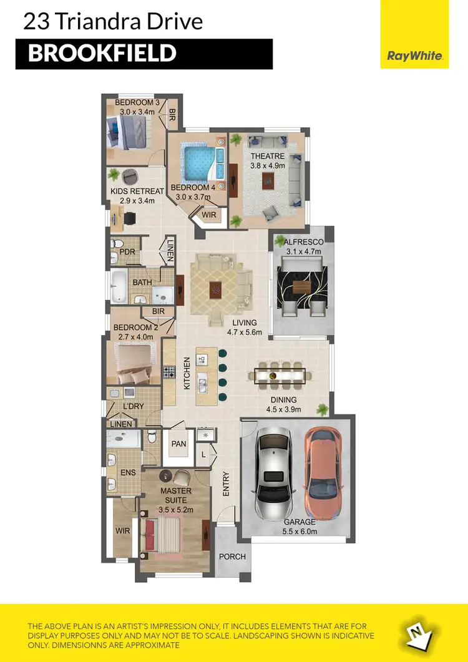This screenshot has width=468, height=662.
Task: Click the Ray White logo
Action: point(415,56)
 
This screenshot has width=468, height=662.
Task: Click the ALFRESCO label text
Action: point(302,242)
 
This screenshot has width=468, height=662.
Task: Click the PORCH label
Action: point(232,557)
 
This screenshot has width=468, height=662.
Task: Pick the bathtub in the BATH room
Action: point(119,287)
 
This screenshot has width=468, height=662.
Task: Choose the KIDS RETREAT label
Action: point(137,192)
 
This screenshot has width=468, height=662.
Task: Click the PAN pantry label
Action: point(179,444)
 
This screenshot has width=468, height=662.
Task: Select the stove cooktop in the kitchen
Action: point(169,373)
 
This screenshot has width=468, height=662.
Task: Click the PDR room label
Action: point(127,253)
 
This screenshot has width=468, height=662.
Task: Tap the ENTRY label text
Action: point(226,484)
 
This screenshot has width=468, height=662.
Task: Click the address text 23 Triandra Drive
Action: point(113,22)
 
